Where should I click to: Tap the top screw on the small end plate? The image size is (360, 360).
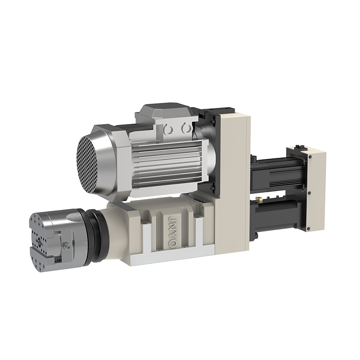click(x=310, y=157)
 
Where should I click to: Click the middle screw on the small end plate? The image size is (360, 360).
click(x=309, y=193)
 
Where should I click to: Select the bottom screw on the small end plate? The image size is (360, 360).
click(x=308, y=228)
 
